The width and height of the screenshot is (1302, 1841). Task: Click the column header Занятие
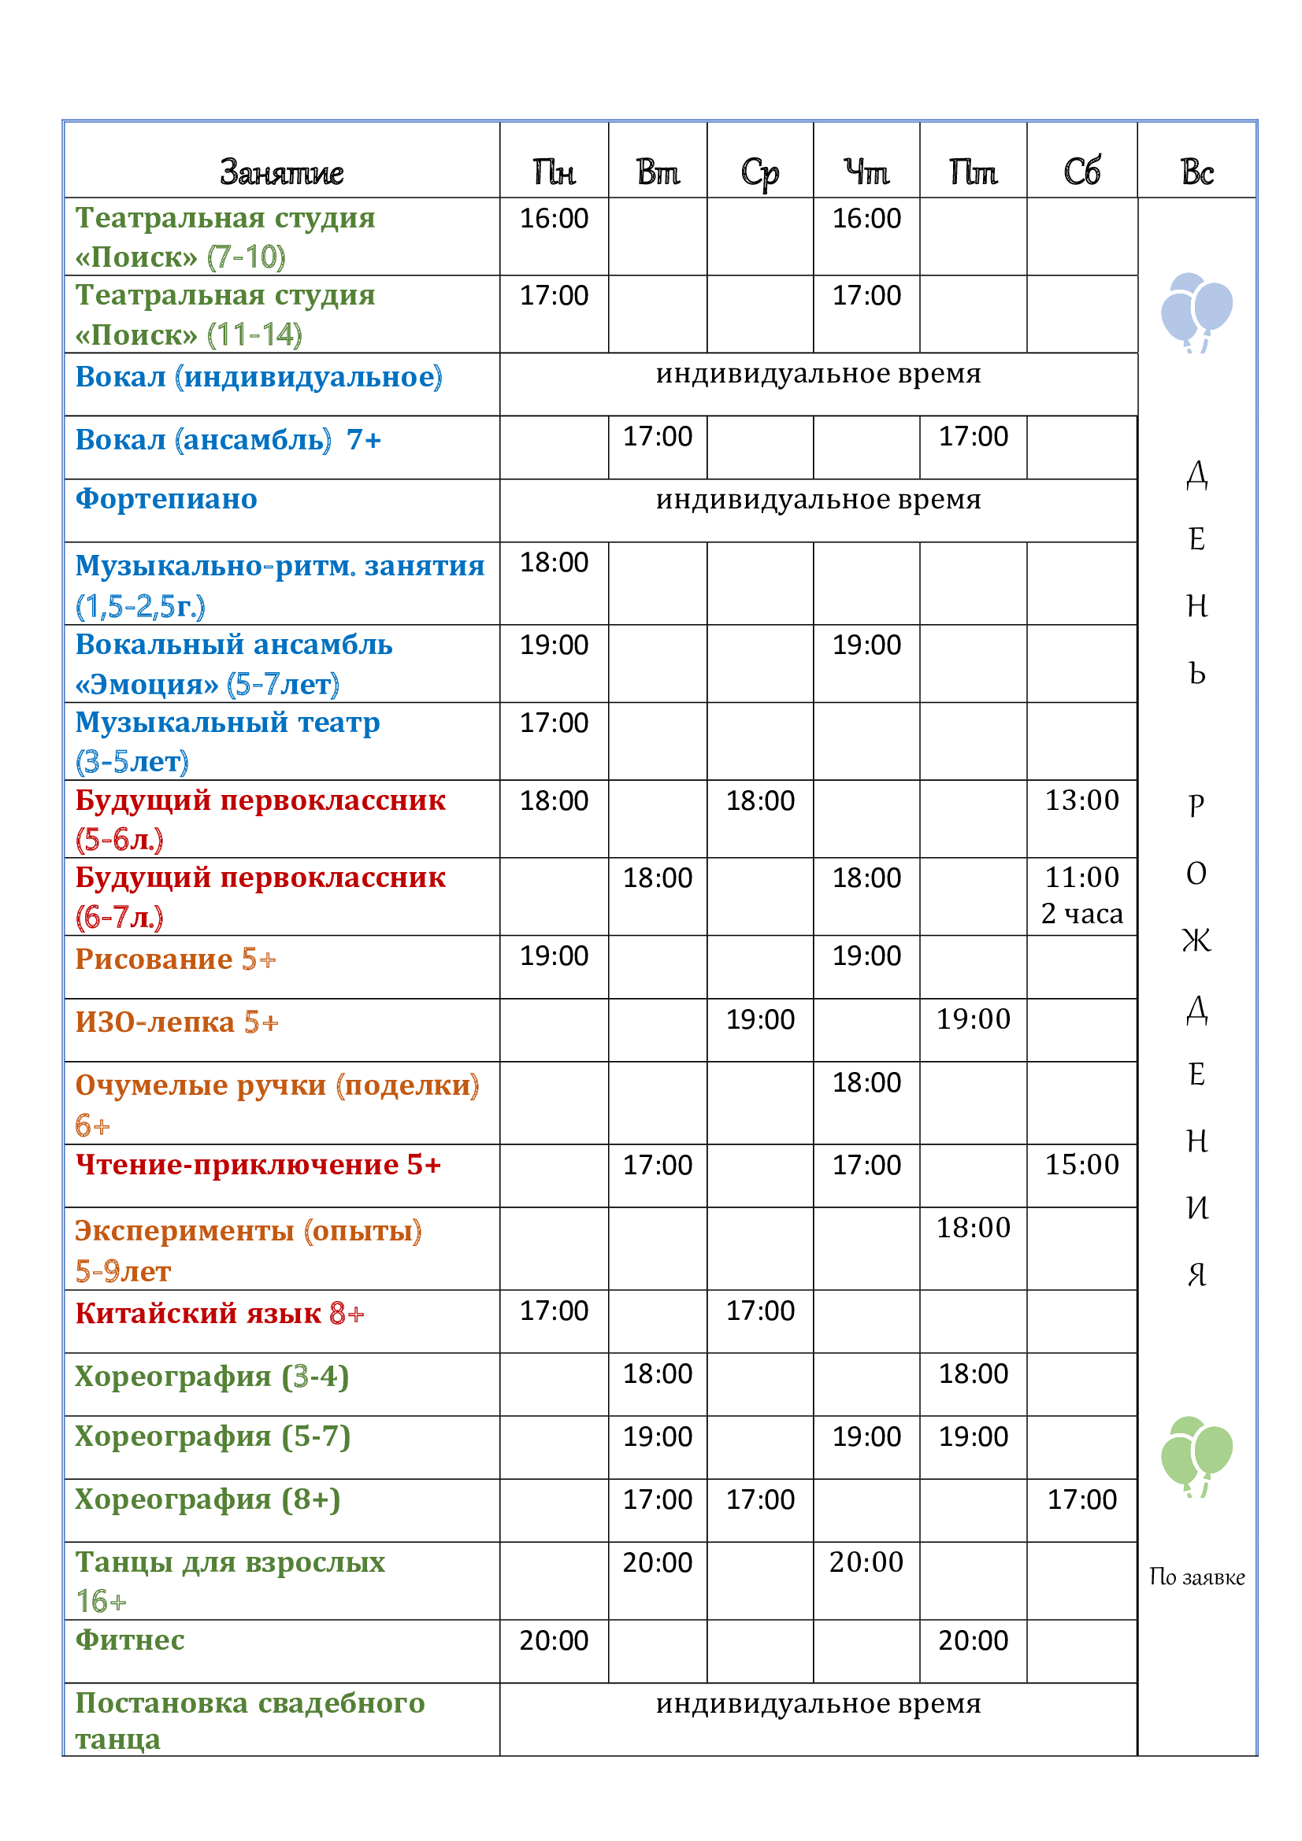click(281, 172)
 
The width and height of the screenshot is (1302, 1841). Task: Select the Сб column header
click(1081, 172)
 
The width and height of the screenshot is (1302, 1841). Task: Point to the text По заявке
click(1196, 1577)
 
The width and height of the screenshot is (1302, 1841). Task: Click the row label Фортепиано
click(166, 499)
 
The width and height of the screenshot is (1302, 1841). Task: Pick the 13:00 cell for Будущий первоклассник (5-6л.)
click(1081, 800)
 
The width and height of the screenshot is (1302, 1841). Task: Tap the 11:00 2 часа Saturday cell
click(1081, 895)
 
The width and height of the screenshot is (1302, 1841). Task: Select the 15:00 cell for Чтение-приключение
click(1081, 1164)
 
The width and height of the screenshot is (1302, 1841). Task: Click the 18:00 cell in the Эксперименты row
click(973, 1228)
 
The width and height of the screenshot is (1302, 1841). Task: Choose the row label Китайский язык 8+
click(219, 1314)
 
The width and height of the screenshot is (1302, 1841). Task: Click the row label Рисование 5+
click(175, 959)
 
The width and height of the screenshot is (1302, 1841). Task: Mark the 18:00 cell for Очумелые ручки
click(866, 1082)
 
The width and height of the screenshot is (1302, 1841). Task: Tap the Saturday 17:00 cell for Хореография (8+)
click(1081, 1499)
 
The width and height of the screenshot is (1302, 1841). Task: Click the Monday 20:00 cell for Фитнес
click(554, 1640)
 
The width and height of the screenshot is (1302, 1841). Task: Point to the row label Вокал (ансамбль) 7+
click(228, 439)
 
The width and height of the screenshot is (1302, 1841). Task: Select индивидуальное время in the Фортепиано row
click(818, 500)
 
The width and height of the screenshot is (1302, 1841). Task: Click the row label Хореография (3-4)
click(212, 1376)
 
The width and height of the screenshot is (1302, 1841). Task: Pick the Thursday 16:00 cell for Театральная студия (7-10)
click(866, 218)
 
